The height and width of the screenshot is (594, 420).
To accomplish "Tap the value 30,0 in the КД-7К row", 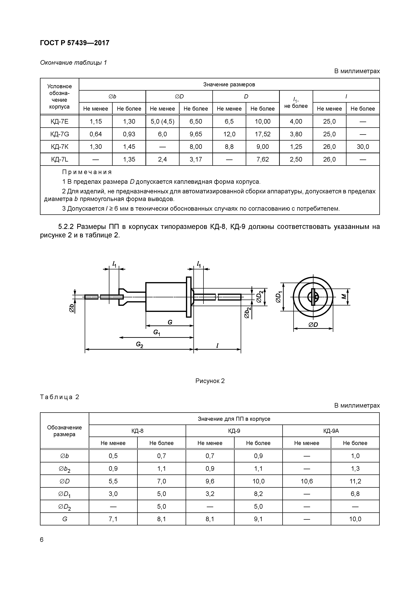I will [363, 147].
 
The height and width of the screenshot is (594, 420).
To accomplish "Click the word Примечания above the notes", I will [87, 172].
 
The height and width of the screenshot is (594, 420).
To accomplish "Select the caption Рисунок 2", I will [210, 381].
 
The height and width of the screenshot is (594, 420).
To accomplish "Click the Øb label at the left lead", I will [72, 308].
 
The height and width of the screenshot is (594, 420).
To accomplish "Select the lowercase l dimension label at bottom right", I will [217, 345].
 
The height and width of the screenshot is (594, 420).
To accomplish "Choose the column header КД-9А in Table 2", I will [331, 431].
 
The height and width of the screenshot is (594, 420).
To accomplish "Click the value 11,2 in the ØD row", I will [355, 481].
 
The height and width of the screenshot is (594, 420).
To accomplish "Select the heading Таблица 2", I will [59, 397].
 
